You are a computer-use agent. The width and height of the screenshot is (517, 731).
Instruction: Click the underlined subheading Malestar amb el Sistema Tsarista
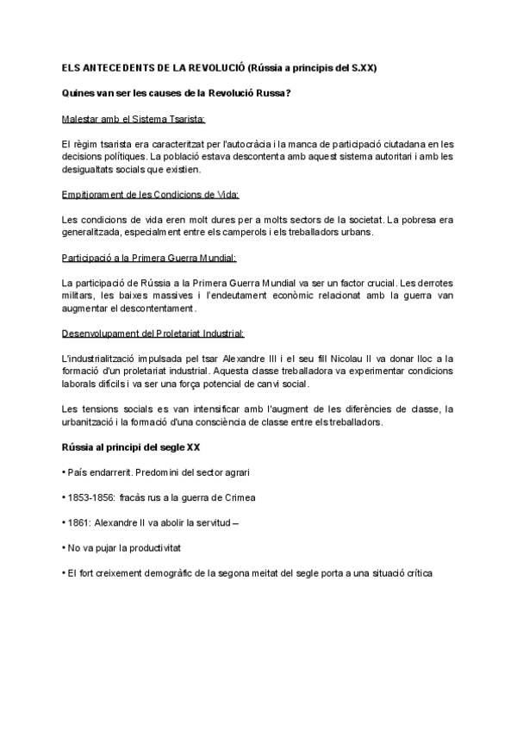coord(134,118)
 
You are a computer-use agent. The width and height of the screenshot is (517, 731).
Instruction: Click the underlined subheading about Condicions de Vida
coord(151,194)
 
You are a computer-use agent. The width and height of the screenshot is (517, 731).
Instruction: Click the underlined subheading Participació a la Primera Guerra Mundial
coord(148,257)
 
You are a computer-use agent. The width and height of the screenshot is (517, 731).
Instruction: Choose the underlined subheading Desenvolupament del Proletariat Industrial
coord(153,333)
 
